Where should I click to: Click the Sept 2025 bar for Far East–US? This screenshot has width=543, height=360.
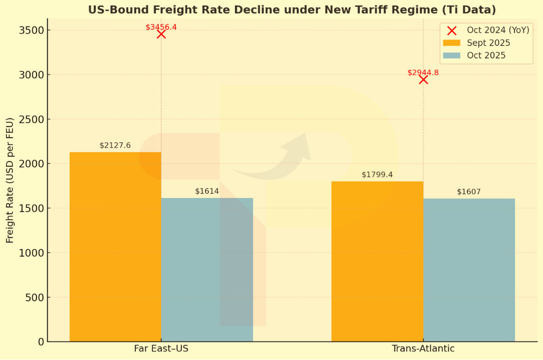pyautogui.click(x=115, y=246)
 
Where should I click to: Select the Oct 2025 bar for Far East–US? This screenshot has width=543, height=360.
pyautogui.click(x=207, y=269)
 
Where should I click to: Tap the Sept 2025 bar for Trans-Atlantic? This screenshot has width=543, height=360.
pyautogui.click(x=377, y=261)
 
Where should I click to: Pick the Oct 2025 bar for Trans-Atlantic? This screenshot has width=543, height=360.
pyautogui.click(x=469, y=270)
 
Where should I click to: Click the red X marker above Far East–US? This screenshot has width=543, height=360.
pyautogui.click(x=161, y=34)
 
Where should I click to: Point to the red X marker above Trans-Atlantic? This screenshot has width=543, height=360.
pyautogui.click(x=423, y=79)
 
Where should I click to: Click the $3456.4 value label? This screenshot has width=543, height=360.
pyautogui.click(x=161, y=27)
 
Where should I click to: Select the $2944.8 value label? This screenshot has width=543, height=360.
pyautogui.click(x=423, y=72)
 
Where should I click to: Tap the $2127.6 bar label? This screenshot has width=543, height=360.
pyautogui.click(x=115, y=145)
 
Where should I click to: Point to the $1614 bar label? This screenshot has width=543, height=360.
pyautogui.click(x=207, y=191)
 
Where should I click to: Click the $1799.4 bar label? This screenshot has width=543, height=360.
pyautogui.click(x=377, y=174)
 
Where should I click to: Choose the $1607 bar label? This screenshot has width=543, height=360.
pyautogui.click(x=469, y=192)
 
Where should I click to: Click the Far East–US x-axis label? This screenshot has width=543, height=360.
pyautogui.click(x=161, y=348)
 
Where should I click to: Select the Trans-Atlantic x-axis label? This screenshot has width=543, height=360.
pyautogui.click(x=423, y=348)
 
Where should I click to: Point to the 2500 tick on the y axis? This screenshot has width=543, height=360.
pyautogui.click(x=32, y=119)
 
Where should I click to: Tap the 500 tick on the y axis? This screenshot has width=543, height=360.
pyautogui.click(x=35, y=297)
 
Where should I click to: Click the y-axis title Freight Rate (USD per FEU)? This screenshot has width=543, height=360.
pyautogui.click(x=10, y=181)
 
